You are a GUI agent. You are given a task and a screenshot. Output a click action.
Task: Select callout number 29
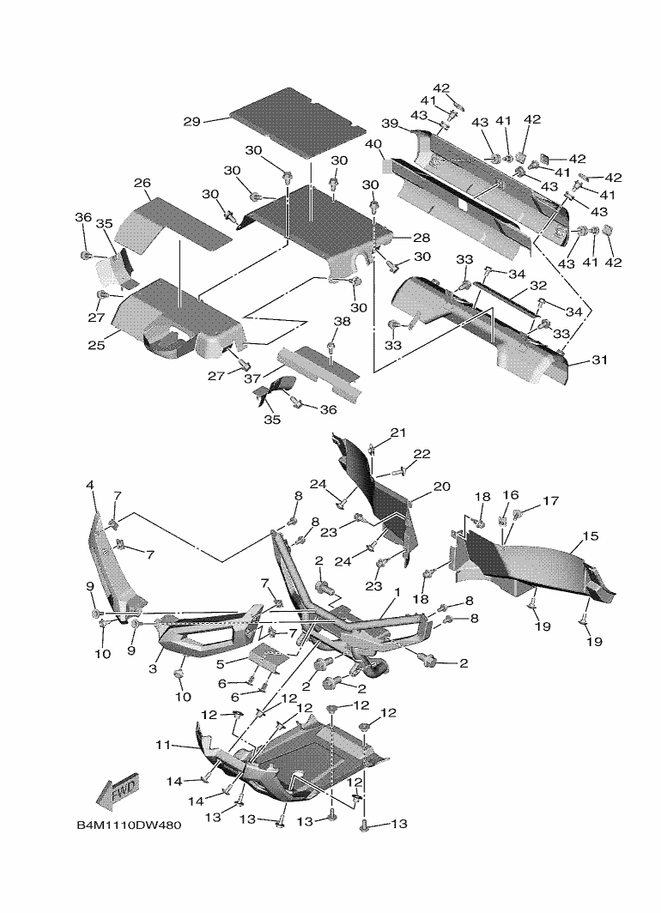(191, 122)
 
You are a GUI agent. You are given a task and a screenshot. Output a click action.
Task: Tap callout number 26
(143, 183)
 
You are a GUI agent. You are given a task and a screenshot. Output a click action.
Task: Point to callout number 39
(390, 124)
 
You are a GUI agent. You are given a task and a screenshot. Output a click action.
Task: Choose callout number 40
(373, 143)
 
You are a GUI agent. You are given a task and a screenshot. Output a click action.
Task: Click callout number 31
(599, 360)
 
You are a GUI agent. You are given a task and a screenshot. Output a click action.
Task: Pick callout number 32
(538, 285)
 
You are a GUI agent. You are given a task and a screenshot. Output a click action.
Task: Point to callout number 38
(342, 321)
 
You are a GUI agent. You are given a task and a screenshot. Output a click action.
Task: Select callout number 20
(441, 487)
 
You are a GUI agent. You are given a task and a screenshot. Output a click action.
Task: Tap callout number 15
(590, 536)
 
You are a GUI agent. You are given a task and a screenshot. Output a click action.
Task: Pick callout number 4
(89, 486)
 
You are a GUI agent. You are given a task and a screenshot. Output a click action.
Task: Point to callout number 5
(221, 663)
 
